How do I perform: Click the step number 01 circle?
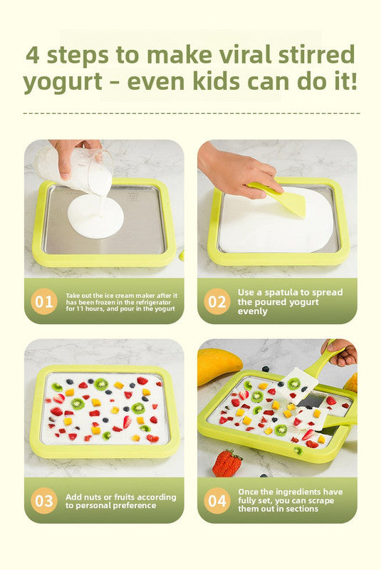(44, 301)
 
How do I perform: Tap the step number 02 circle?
(216, 301)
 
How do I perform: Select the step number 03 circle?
(44, 500)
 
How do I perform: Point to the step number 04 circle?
(216, 500)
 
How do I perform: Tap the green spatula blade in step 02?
(288, 200)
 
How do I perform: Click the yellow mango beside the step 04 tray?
(218, 366)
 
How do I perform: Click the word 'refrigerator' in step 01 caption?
(152, 302)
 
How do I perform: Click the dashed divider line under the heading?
(190, 113)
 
